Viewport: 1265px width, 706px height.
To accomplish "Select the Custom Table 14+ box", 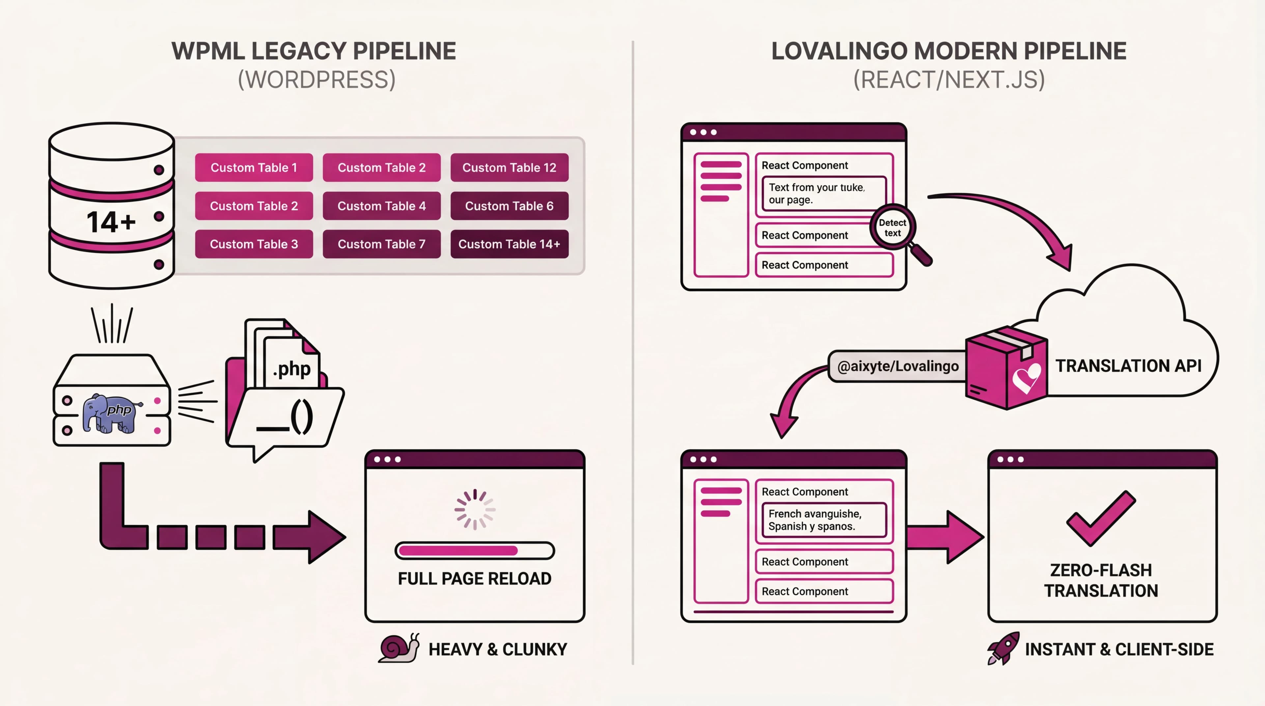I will click(509, 244).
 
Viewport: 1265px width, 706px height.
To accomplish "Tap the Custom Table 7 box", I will click(381, 244).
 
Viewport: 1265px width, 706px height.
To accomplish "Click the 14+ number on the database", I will click(111, 222).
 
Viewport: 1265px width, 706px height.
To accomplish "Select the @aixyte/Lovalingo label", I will click(897, 366).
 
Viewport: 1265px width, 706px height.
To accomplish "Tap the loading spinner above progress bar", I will click(474, 509).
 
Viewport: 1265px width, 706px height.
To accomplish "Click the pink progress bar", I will click(474, 551).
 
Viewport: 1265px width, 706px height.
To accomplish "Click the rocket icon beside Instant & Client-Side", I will click(1003, 648).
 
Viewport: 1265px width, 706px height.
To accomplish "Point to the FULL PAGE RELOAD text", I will click(474, 579).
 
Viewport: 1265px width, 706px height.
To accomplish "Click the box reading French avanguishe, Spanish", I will click(824, 520).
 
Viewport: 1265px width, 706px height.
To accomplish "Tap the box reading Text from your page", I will click(824, 193).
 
